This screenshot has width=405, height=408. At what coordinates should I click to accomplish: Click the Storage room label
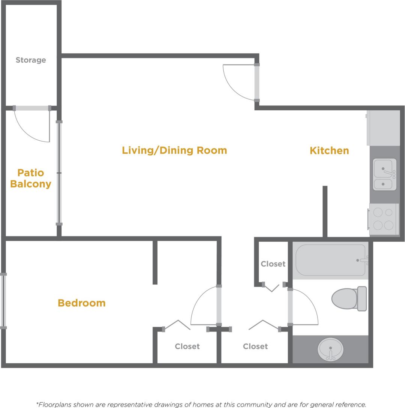coord(31,60)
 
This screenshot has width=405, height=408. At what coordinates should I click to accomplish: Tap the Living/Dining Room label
coord(175,151)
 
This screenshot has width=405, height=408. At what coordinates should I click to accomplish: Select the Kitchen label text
coord(329,151)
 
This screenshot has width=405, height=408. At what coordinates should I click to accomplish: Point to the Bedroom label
coord(81,303)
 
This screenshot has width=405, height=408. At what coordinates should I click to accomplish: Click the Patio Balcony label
coord(31,178)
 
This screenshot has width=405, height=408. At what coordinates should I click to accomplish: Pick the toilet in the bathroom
coord(349,298)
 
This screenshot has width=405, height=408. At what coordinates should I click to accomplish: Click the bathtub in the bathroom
coord(330,260)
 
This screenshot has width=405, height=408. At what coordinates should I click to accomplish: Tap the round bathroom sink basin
coord(330,349)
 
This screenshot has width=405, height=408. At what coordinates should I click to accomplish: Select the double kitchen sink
coord(384,174)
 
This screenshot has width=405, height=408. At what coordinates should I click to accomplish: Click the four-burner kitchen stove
coord(384,219)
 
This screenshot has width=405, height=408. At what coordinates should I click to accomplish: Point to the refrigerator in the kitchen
coord(383,128)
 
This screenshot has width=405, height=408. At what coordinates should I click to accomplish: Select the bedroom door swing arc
coord(203,306)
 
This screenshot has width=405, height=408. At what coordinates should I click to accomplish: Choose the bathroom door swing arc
coord(306,306)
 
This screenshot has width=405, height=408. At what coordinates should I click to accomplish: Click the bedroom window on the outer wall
coord(3,301)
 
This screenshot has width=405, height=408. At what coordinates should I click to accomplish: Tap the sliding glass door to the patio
coord(59,173)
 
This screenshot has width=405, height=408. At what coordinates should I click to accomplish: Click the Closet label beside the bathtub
coord(273,264)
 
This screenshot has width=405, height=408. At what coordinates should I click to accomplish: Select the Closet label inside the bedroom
coord(187,346)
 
